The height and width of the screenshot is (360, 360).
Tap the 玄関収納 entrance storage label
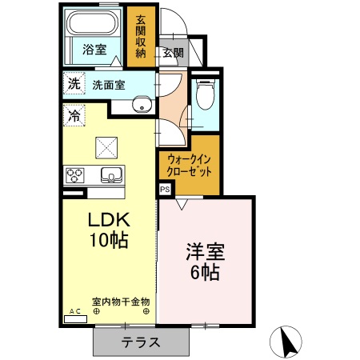141,36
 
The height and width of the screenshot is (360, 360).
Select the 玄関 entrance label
173,54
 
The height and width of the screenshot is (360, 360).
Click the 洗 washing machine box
74,82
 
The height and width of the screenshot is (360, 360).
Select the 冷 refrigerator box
74,115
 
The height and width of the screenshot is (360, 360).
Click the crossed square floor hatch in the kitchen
106,146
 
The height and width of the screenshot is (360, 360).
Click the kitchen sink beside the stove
109,174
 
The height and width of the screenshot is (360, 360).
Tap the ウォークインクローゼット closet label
190,166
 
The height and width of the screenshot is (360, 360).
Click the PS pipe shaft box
165,190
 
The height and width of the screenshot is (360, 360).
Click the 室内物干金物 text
120,302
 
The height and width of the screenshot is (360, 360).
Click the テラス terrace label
141,342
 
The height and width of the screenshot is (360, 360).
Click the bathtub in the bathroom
94,22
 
